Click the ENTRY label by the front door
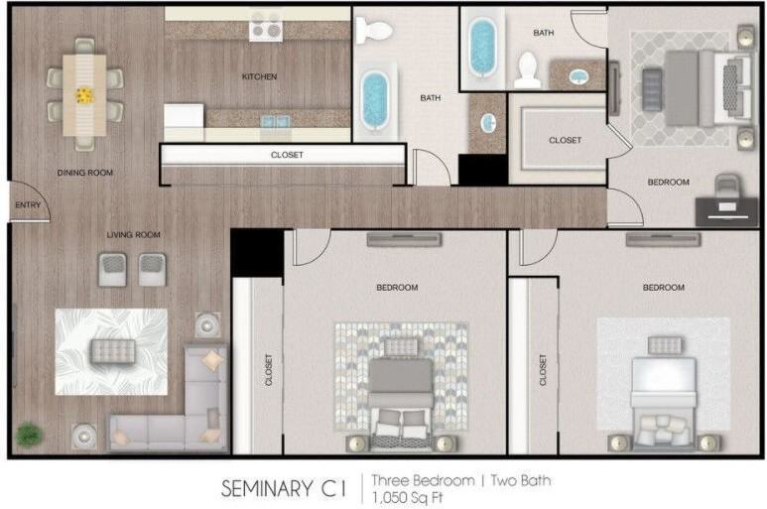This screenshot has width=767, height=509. pyautogui.click(x=28, y=204)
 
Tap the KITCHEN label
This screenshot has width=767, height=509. pyautogui.click(x=259, y=76)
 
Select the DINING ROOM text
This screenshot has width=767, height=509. pyautogui.click(x=85, y=173)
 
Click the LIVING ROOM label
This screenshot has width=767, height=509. pyautogui.click(x=134, y=235)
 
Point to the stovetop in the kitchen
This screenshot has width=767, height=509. pyautogui.click(x=266, y=27)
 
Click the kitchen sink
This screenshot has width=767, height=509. pyautogui.click(x=276, y=121)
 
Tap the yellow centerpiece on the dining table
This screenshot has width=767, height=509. pyautogui.click(x=84, y=95)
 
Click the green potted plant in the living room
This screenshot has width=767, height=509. pyautogui.click(x=29, y=434)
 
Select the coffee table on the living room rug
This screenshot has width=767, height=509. pyautogui.click(x=113, y=351)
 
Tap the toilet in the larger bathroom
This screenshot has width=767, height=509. pyautogui.click(x=374, y=31)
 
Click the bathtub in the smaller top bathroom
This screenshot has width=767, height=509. pyautogui.click(x=483, y=48)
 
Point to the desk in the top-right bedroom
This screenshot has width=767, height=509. pyautogui.click(x=726, y=211)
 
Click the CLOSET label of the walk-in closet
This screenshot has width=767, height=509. pyautogui.click(x=565, y=140)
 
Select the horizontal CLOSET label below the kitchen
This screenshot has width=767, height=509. pyautogui.click(x=287, y=155)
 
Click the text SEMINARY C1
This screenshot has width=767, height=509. pyautogui.click(x=284, y=488)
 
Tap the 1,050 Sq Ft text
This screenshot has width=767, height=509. pyautogui.click(x=407, y=498)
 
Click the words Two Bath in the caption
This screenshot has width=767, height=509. pyautogui.click(x=521, y=480)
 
